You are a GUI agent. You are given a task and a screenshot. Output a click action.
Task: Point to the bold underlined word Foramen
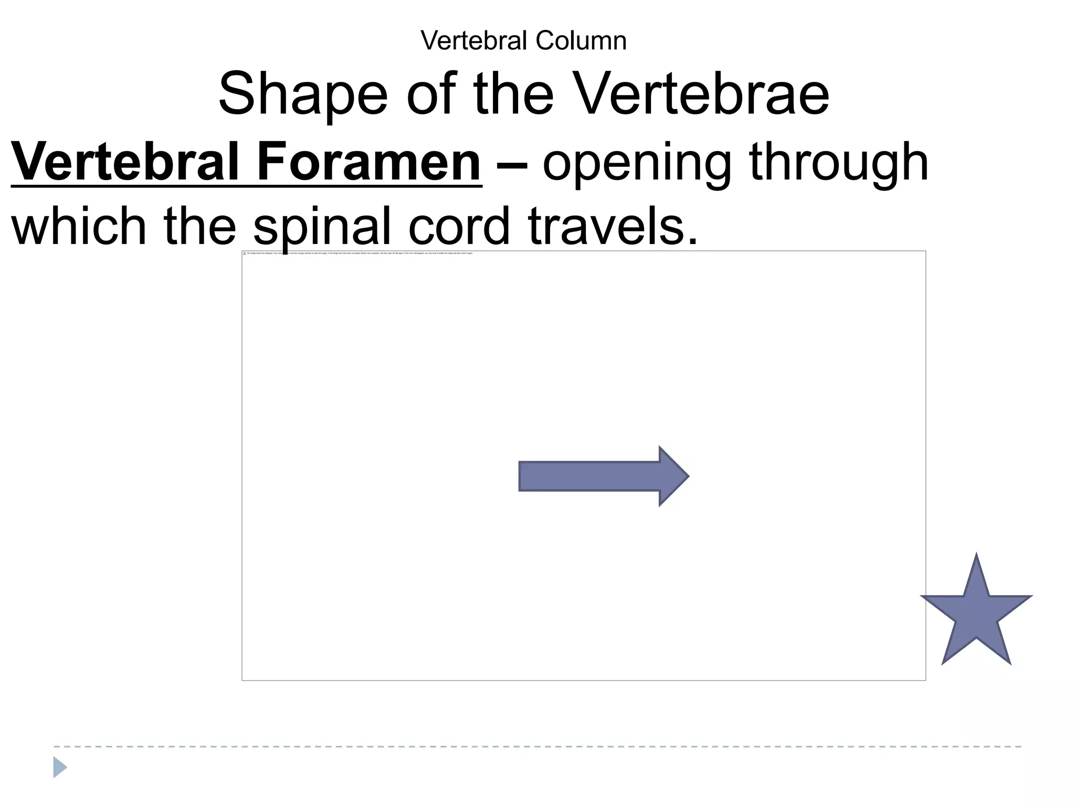[368, 163]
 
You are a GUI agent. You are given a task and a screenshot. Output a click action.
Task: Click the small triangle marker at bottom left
[59, 767]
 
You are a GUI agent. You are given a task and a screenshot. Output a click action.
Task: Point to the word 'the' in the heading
[513, 94]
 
